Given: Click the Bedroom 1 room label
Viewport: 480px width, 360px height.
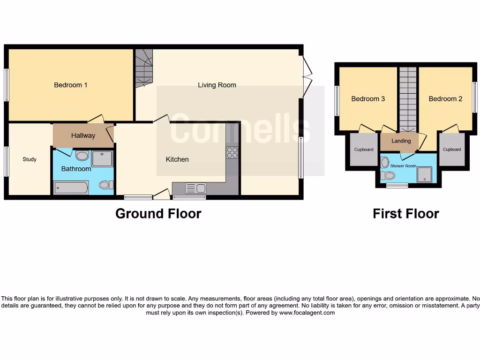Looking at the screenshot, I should (x=71, y=85).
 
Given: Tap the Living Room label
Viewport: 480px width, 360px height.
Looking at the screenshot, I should (x=217, y=85).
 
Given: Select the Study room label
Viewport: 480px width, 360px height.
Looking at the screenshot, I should (x=30, y=159).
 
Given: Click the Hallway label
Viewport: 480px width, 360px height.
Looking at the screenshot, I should (x=83, y=135).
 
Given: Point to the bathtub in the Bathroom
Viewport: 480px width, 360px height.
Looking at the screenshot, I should (x=71, y=188).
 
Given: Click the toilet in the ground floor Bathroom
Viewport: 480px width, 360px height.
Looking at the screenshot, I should (x=106, y=185).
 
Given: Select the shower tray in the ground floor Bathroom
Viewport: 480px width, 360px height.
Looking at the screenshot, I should (x=102, y=159).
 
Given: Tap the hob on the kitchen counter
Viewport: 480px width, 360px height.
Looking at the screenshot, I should (x=232, y=153).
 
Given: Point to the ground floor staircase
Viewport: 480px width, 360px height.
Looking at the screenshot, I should (x=144, y=68).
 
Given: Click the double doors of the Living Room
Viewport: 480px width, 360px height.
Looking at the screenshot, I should (x=307, y=77).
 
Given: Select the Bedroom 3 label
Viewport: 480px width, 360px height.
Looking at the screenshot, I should (x=368, y=99).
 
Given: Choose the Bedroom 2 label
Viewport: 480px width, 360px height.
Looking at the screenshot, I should (x=445, y=99).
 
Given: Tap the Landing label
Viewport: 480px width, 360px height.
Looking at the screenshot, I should (x=401, y=141).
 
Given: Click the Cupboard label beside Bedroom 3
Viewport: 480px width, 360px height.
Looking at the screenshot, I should (x=364, y=150).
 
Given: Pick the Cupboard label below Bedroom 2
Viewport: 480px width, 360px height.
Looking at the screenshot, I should (x=452, y=150).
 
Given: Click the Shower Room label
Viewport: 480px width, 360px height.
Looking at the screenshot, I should (x=403, y=166).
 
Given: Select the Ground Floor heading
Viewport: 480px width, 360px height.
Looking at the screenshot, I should (x=158, y=214).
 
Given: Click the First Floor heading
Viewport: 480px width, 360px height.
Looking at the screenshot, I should (x=405, y=214).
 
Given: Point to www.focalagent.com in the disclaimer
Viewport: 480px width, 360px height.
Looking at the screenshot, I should (x=307, y=313).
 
